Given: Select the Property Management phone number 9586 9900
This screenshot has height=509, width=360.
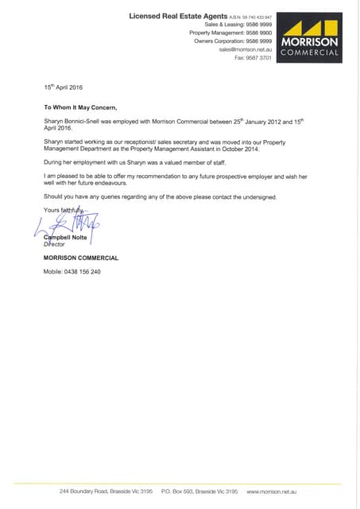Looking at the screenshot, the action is (x=260, y=33).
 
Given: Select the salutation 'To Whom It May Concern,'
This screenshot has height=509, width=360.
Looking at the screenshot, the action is (x=80, y=106).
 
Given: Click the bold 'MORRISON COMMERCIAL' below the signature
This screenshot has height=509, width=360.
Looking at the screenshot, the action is (x=81, y=258).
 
